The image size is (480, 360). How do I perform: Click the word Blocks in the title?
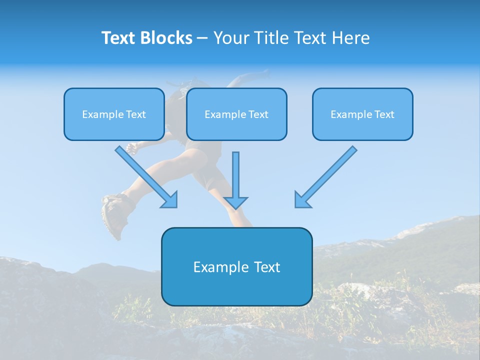point(166,38)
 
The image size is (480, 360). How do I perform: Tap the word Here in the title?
point(351,38)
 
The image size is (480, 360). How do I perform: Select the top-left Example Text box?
point(114,114)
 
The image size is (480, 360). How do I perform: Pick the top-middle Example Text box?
point(236,114)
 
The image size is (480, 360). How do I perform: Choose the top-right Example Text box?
point(362,114)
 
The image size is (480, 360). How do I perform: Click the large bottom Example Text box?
point(236,266)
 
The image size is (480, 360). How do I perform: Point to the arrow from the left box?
point(145,176)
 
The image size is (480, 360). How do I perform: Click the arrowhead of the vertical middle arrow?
point(235,202)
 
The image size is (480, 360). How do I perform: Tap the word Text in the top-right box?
point(384,114)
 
